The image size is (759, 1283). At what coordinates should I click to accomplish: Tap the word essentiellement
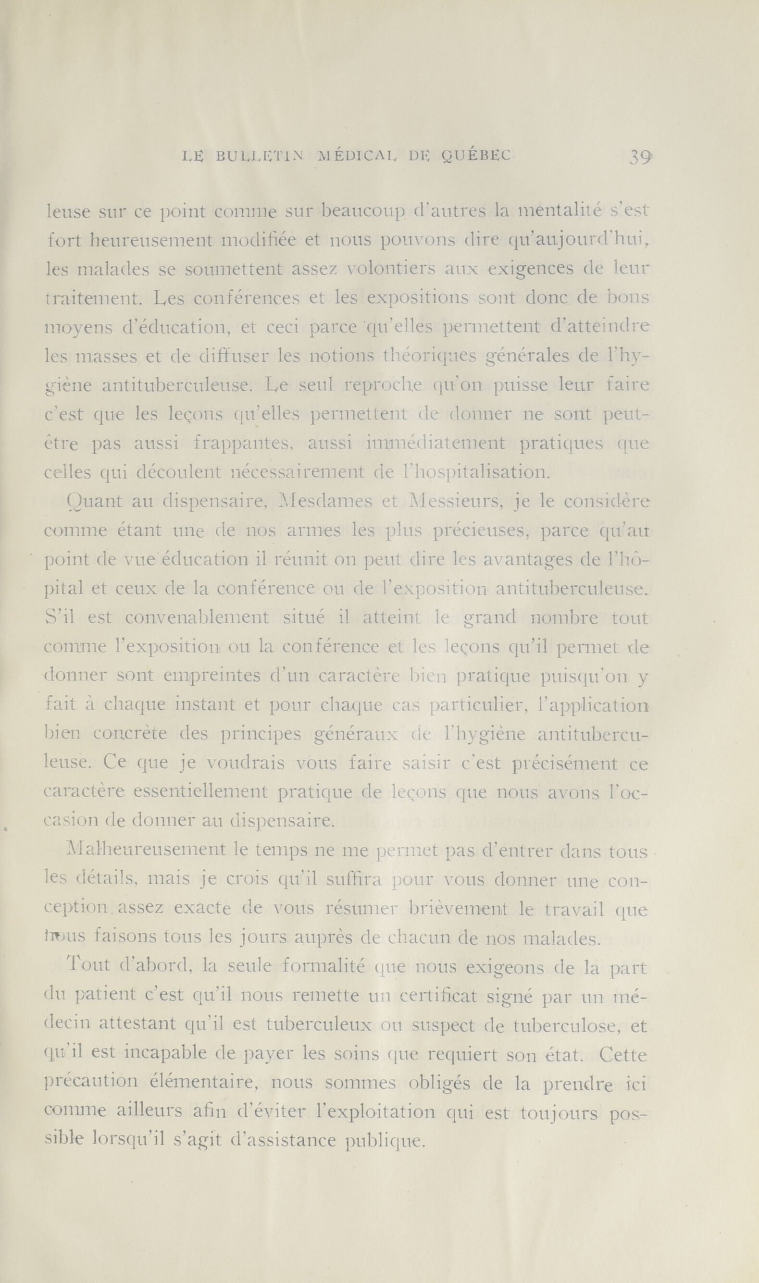[x=199, y=792]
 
